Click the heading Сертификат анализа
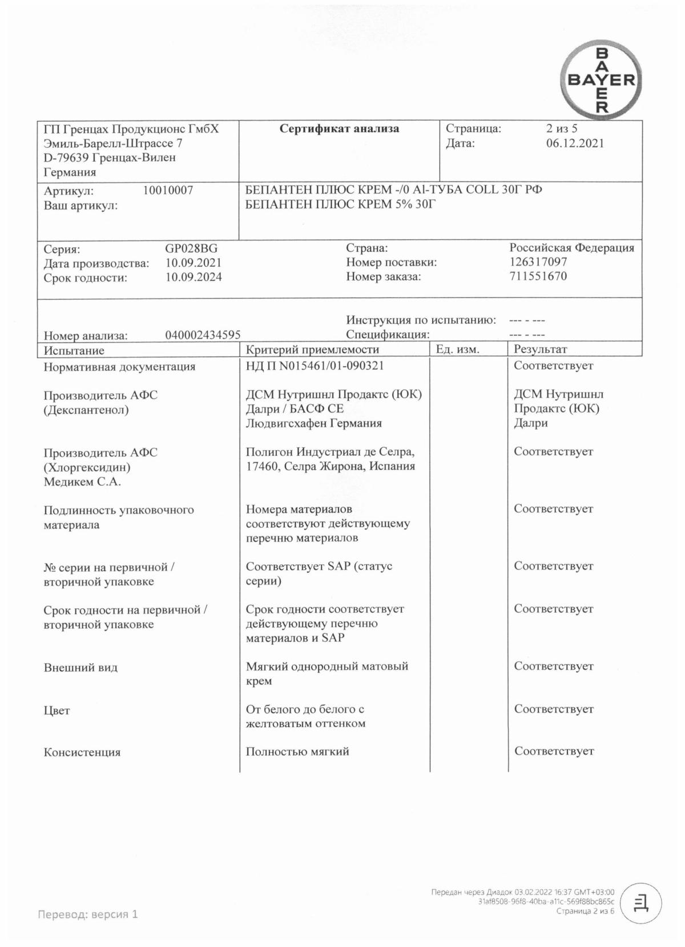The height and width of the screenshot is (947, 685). (339, 129)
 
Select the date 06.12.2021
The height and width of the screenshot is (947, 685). (574, 143)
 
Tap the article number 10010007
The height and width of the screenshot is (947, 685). (168, 191)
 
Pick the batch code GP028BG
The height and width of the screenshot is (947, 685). (191, 249)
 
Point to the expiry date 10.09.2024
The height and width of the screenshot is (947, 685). (194, 278)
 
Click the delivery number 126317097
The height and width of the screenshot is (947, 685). (538, 262)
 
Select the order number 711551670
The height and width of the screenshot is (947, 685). (538, 276)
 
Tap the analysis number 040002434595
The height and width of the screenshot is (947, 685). (203, 335)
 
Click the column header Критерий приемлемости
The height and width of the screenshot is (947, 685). (312, 350)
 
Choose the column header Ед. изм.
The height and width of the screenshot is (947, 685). (457, 350)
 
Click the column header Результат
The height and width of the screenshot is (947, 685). (540, 350)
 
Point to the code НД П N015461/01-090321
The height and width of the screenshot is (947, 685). (315, 366)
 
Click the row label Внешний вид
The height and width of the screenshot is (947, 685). (80, 668)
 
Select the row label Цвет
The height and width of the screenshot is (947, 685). (57, 711)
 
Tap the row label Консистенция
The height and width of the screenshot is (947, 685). (82, 753)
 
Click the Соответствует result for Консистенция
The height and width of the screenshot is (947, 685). (554, 752)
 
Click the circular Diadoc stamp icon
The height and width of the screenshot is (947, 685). (640, 903)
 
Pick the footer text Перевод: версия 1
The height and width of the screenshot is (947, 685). (88, 914)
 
